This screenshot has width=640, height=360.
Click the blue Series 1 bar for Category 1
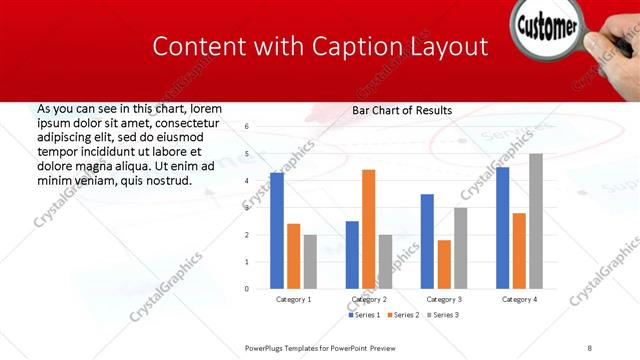[277, 231]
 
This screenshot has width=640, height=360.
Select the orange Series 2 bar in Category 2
[368, 229]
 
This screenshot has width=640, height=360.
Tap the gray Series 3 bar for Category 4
[536, 221]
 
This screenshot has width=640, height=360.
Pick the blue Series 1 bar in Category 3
[427, 241]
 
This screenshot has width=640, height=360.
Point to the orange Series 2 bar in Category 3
[444, 264]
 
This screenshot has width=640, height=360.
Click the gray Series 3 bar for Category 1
[310, 262]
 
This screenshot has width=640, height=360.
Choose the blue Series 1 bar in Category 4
[502, 228]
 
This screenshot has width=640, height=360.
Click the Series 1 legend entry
[364, 315]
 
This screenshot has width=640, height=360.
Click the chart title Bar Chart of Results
[402, 110]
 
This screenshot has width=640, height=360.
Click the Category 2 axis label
[368, 299]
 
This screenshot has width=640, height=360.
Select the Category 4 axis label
[519, 299]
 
